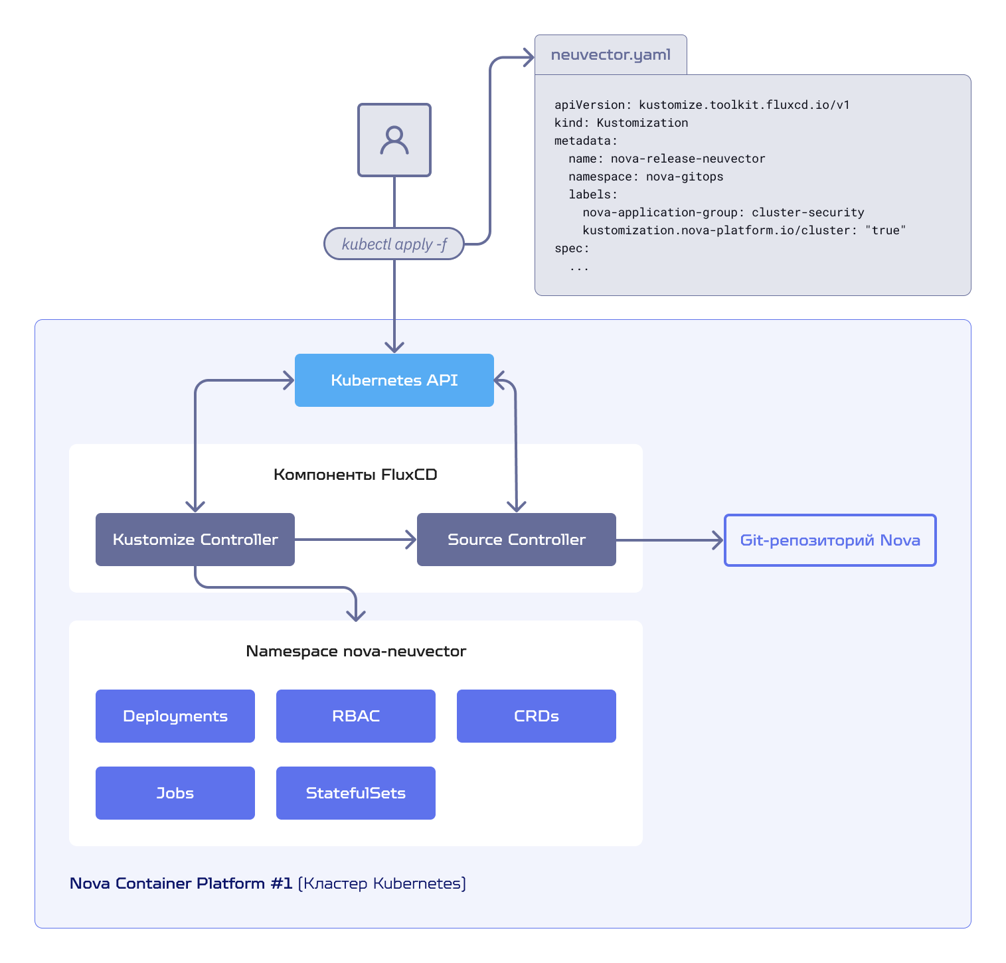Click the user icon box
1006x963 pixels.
394,140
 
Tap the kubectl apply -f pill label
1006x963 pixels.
394,244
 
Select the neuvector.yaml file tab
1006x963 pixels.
611,54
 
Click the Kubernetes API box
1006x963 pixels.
394,380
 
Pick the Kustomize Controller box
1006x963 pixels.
195,540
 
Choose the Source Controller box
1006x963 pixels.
517,540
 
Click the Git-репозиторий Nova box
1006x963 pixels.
830,540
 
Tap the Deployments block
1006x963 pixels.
175,716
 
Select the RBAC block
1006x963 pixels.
356,716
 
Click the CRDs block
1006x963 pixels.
537,716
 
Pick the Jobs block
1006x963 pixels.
175,793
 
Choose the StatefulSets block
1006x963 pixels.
356,793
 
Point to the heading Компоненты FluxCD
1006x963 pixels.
355,475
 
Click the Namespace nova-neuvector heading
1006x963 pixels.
356,651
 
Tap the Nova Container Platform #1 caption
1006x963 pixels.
181,883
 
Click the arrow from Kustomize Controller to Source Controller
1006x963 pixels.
356,540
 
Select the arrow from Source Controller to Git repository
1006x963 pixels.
670,540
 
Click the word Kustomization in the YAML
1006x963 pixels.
642,123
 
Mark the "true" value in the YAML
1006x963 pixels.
885,230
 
